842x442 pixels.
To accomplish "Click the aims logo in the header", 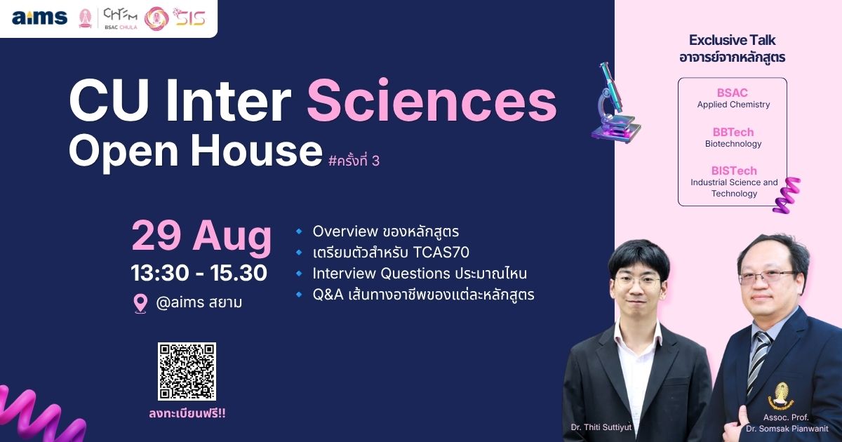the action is coord(39,18).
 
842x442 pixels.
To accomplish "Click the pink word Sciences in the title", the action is coord(432,101).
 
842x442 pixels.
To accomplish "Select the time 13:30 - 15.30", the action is coord(199,273).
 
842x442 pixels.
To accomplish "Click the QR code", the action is coord(187,371).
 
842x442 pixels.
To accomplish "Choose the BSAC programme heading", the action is coord(733,93).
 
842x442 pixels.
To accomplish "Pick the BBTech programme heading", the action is coord(733,132).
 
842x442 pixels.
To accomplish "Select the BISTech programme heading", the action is coord(734,170).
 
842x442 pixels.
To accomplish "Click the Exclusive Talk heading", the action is coord(732,40).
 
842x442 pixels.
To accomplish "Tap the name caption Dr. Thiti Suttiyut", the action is coord(601,427).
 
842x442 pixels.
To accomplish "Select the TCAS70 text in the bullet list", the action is coord(441,252).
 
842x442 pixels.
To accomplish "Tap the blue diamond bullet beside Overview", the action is coord(299,231).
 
